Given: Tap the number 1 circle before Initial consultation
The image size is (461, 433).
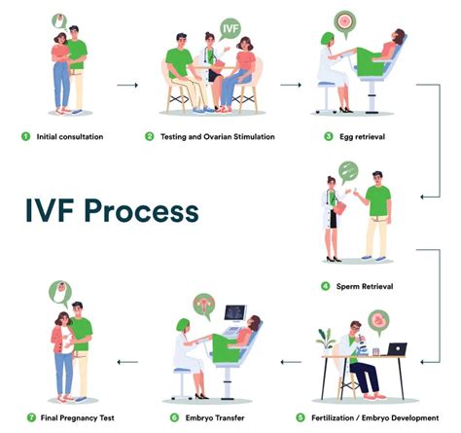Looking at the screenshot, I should (x=25, y=136).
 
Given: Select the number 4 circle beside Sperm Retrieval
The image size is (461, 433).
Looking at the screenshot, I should (x=326, y=286).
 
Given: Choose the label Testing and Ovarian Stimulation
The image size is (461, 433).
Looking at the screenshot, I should (x=213, y=136).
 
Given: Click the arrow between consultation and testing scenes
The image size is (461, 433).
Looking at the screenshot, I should (x=126, y=86).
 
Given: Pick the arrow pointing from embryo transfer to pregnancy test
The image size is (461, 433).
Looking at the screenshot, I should (x=126, y=362).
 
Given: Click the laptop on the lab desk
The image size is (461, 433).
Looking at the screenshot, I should (x=398, y=347).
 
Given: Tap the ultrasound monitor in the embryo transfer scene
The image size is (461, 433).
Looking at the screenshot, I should (x=237, y=316).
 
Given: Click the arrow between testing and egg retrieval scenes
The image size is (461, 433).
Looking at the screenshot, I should (x=290, y=86).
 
